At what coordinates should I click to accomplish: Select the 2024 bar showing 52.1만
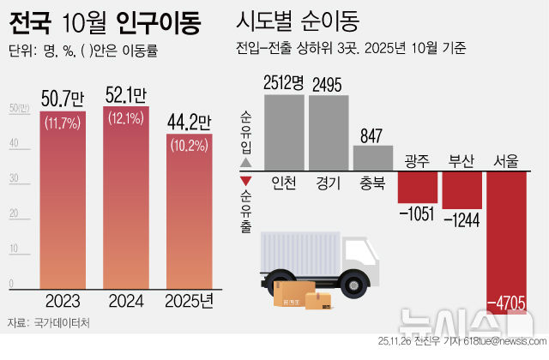127,201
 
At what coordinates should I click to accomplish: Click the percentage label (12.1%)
127,117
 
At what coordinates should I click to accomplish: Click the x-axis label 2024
127,302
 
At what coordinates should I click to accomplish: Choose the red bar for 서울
505,231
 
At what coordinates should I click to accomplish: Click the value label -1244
462,219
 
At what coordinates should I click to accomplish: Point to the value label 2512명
284,83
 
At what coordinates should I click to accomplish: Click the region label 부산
462,162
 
